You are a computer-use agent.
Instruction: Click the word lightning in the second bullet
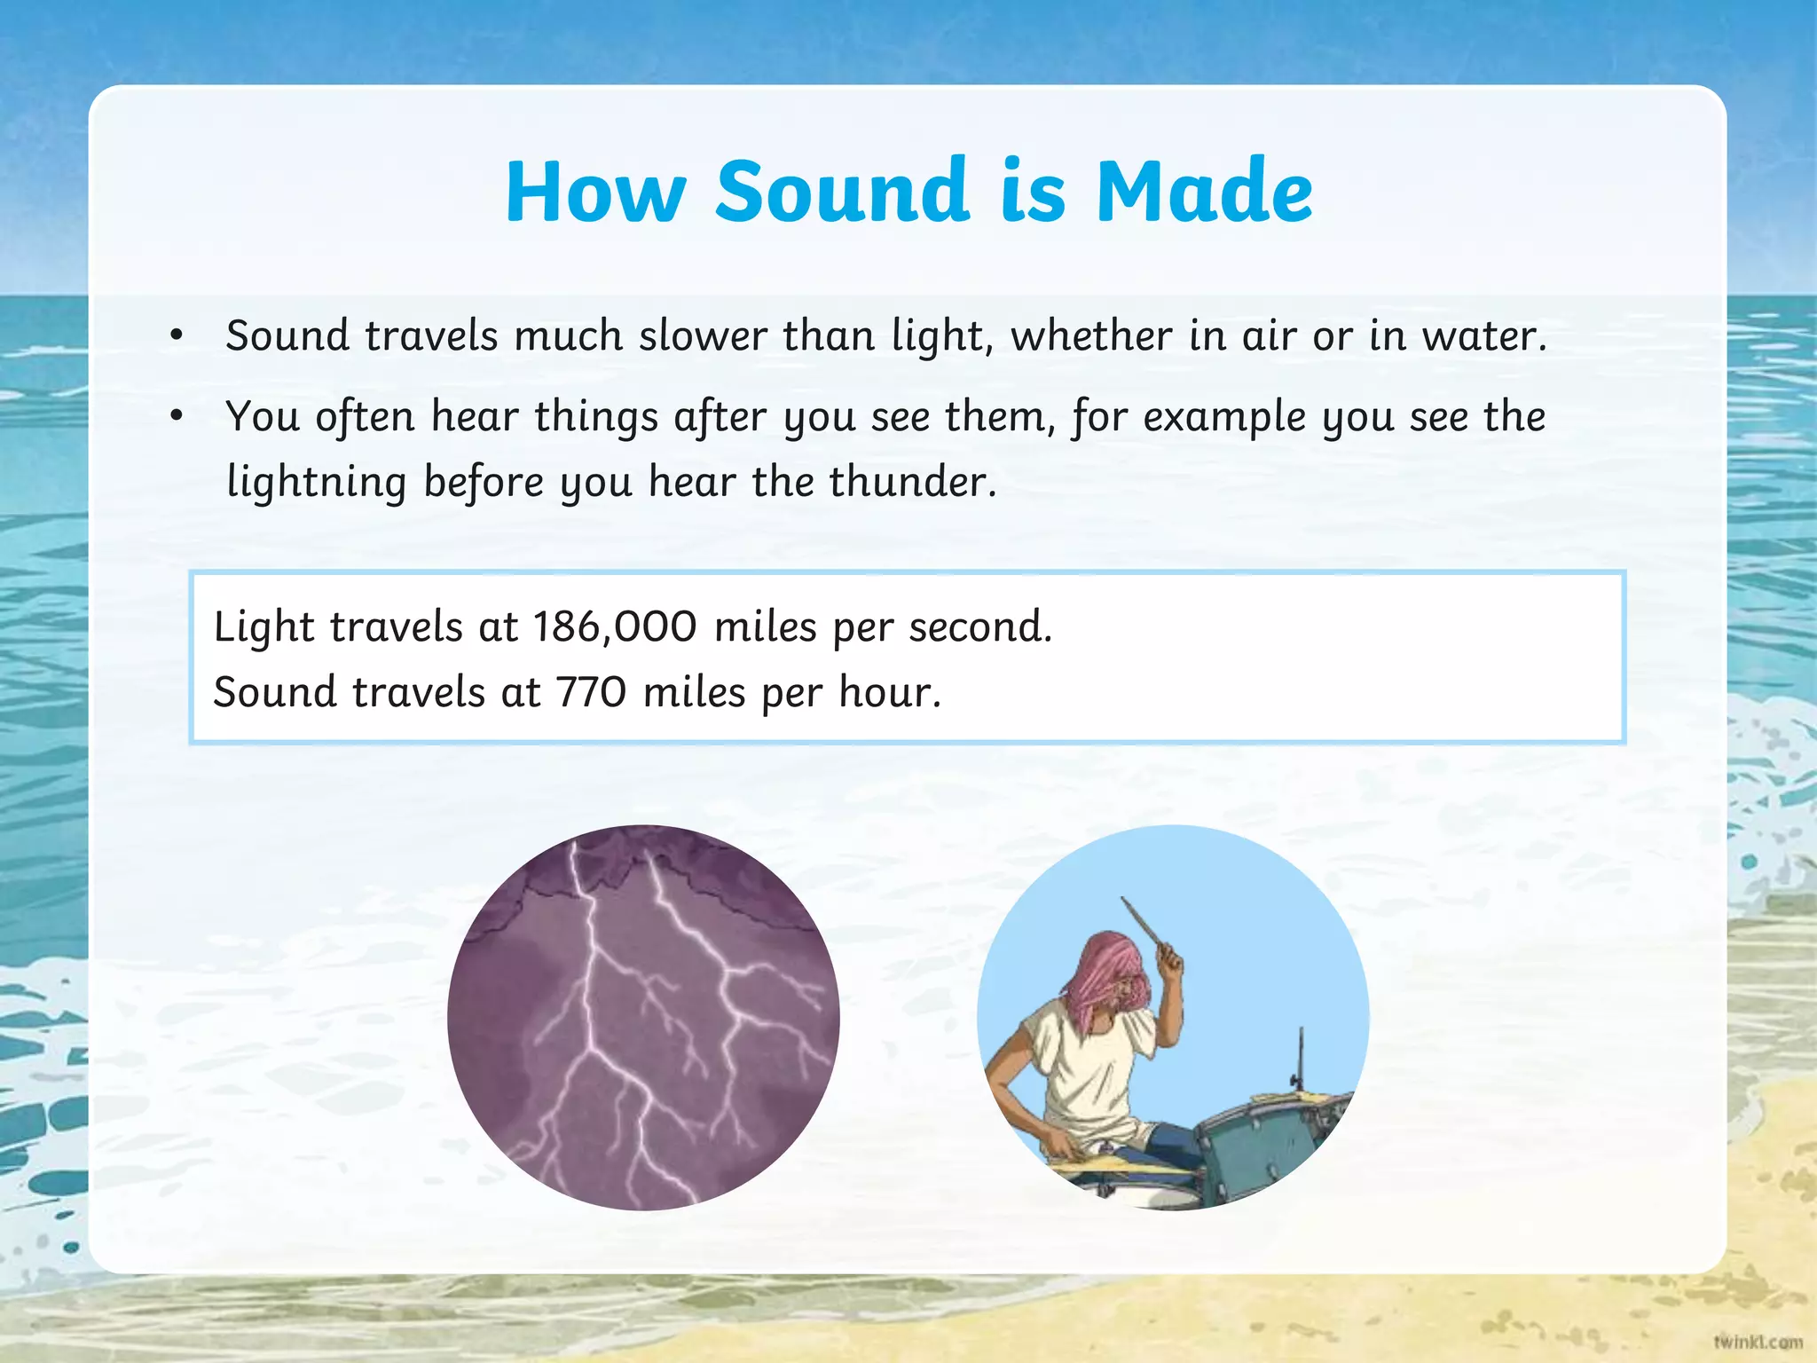coord(316,483)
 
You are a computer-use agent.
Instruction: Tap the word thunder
coord(912,482)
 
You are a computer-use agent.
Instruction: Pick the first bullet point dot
coord(177,335)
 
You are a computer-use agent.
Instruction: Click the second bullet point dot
coord(177,415)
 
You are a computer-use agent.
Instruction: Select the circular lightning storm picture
coord(643,1018)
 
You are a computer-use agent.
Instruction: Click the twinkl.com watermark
coord(1758,1342)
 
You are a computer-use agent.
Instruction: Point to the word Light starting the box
coord(264,626)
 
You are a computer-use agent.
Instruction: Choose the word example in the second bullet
coord(1224,416)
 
